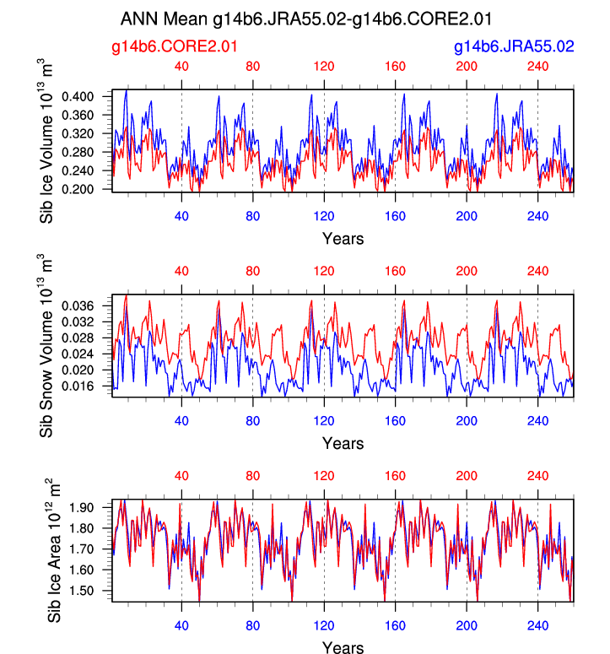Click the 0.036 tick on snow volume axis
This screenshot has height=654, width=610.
click(x=89, y=305)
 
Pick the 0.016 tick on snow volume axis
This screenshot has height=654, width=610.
click(x=89, y=386)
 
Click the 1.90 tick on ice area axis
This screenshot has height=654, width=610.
click(x=92, y=507)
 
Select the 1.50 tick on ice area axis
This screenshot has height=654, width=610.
click(x=92, y=591)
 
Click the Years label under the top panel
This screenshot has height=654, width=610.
click(x=343, y=239)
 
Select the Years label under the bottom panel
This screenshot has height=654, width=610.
click(x=343, y=648)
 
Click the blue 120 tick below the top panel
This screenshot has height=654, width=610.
click(x=324, y=215)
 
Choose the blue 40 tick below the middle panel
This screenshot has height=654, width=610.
click(x=181, y=420)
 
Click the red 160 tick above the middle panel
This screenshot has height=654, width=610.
click(x=395, y=272)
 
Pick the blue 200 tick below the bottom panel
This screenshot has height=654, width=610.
click(x=467, y=625)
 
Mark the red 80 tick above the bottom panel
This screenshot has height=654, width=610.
click(x=253, y=477)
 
